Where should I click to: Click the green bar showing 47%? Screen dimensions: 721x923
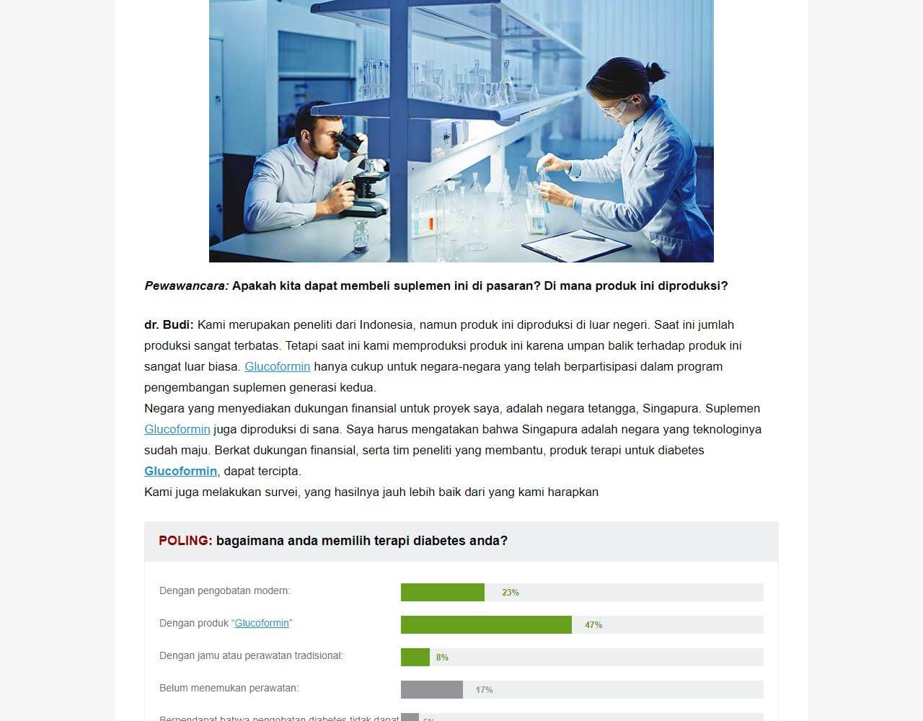pyautogui.click(x=486, y=624)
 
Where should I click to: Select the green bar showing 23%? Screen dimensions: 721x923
pyautogui.click(x=442, y=592)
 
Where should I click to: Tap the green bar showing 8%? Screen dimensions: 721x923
pyautogui.click(x=415, y=657)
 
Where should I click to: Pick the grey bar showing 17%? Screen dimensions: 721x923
pyautogui.click(x=431, y=689)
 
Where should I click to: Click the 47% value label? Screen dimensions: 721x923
pyautogui.click(x=593, y=625)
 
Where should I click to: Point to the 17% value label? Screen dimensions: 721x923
pyautogui.click(x=484, y=690)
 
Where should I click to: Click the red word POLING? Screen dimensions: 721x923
pyautogui.click(x=185, y=541)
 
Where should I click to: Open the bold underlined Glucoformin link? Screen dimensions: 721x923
pyautogui.click(x=180, y=471)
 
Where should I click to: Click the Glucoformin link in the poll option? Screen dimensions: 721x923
pyautogui.click(x=262, y=623)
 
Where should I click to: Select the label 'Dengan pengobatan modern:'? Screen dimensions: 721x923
pyautogui.click(x=224, y=590)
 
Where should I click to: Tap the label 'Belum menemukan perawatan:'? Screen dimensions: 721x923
pyautogui.click(x=229, y=688)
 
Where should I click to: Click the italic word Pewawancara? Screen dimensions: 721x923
pyautogui.click(x=186, y=286)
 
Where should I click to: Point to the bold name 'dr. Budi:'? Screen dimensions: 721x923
pyautogui.click(x=169, y=324)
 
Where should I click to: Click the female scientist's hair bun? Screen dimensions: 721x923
pyautogui.click(x=655, y=72)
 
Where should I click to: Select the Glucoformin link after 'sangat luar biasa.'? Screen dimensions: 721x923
pyautogui.click(x=277, y=366)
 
